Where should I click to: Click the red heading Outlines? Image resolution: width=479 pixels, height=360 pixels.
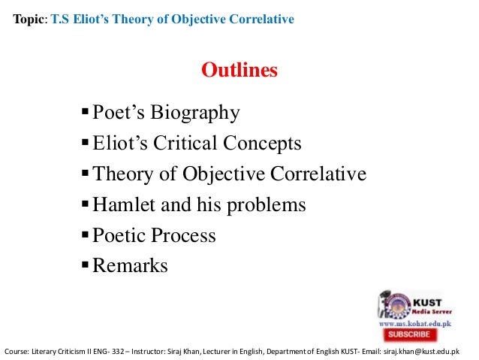point(239,71)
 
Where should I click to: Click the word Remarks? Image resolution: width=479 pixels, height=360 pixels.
point(130,266)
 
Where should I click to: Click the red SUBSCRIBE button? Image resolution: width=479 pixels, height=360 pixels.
point(409,334)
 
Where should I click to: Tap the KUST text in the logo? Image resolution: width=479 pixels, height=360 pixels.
point(424,298)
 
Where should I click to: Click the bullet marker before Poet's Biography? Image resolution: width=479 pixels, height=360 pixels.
point(85,113)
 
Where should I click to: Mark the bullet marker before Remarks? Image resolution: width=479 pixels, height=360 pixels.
point(85,266)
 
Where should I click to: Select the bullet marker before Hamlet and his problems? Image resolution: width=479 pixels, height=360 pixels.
point(85,205)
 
